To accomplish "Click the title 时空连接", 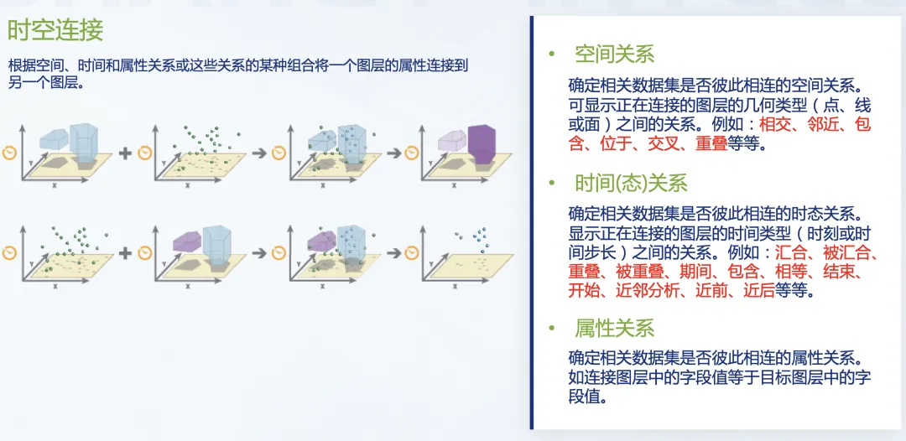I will (55, 31).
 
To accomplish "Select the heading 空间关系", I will (614, 55).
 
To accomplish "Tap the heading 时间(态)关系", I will (631, 184).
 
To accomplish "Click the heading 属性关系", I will (614, 328).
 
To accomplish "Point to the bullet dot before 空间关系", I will (551, 55).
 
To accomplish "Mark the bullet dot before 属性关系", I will (551, 328).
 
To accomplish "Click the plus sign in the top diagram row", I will (125, 153).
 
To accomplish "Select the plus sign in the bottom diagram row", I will (125, 252).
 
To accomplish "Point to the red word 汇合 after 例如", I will (790, 252).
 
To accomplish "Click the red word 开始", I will (584, 292).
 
